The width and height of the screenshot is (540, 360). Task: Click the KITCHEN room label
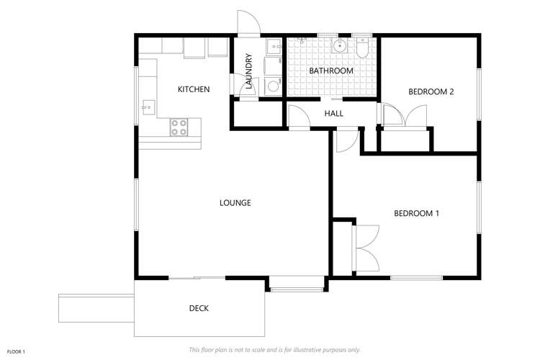[194, 89]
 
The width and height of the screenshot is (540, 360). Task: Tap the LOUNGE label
[235, 203]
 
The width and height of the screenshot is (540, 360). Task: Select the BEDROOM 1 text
[416, 213]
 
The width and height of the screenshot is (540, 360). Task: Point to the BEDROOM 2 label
[431, 91]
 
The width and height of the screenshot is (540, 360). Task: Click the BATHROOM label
[330, 71]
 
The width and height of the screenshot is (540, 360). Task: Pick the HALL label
[333, 114]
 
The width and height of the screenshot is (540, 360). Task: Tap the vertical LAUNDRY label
[248, 71]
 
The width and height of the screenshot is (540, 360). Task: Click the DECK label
[199, 308]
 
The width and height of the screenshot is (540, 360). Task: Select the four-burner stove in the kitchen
[179, 127]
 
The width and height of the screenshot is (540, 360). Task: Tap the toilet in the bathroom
[362, 48]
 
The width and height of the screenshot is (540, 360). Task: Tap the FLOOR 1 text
[14, 351]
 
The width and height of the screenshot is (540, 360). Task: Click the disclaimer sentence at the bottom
[274, 350]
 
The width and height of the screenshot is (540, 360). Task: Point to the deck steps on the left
[96, 307]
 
